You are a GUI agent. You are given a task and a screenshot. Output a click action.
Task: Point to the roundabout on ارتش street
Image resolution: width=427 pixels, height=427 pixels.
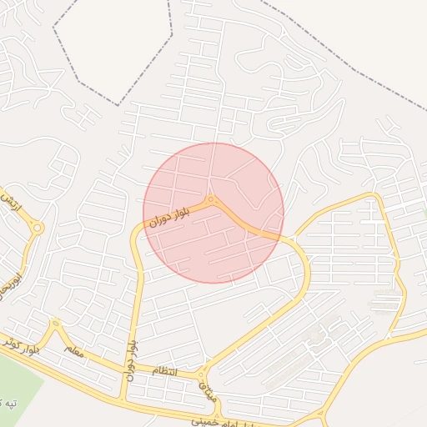point(38,228)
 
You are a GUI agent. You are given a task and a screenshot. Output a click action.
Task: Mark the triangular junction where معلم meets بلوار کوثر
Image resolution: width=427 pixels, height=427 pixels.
point(55,324)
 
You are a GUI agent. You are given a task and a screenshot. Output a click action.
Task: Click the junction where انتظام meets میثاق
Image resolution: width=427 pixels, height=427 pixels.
point(200,372)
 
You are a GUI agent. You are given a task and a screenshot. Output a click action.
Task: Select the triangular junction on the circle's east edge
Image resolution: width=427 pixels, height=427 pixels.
point(289,240)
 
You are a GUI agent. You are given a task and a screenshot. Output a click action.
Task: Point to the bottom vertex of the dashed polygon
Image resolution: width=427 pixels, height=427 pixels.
point(119,104)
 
